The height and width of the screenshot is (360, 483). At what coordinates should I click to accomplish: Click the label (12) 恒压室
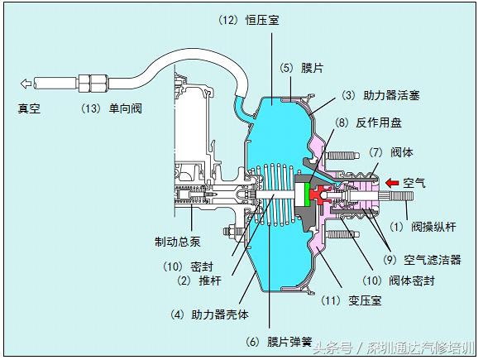pyautogui.click(x=248, y=19)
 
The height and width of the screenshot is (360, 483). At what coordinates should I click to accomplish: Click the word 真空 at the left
pyautogui.click(x=31, y=108)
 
